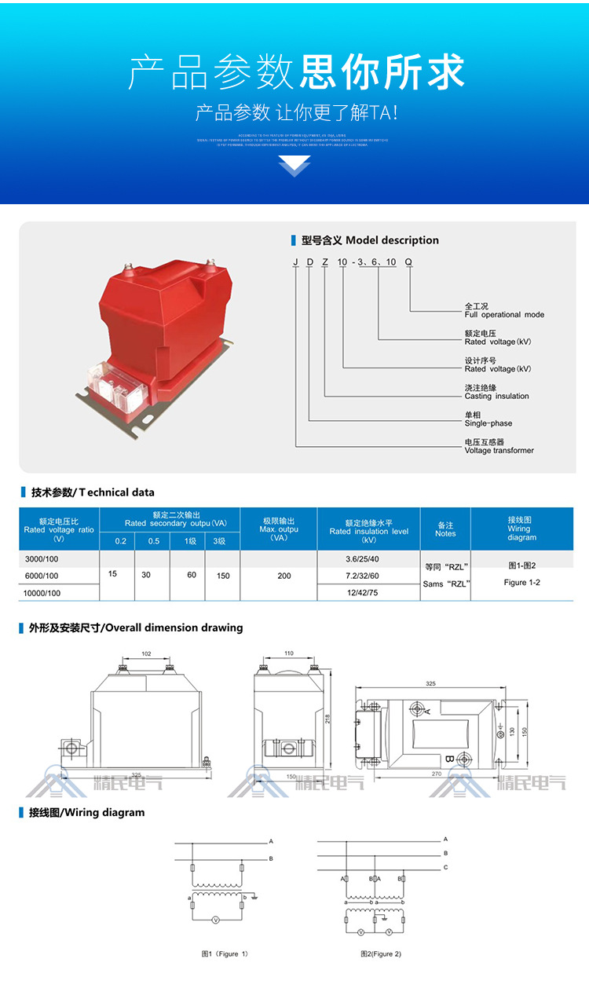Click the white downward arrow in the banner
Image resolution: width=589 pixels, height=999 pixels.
[294, 166]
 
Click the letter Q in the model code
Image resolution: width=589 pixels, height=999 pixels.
[408, 262]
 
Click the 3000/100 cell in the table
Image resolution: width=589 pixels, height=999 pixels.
[42, 559]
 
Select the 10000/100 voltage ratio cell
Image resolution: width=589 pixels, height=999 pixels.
[43, 594]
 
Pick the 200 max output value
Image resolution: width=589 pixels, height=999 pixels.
[284, 576]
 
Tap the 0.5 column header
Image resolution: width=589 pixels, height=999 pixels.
[154, 541]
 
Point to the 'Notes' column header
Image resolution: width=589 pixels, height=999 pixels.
[445, 529]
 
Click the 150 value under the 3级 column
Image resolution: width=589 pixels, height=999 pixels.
[223, 576]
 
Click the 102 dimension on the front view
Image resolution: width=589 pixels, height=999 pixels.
[145, 653]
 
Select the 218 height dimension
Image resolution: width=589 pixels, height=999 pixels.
[326, 718]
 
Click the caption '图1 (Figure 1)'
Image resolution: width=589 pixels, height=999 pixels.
[225, 954]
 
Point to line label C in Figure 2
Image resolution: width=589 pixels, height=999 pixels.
[445, 868]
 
